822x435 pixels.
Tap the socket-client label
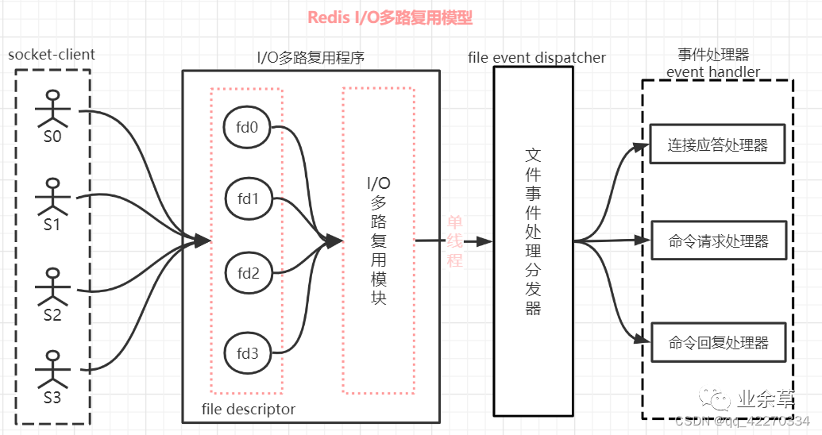tap(52, 55)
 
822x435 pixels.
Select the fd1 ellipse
tap(248, 198)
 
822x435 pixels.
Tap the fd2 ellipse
tap(248, 274)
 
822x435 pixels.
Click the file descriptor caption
tap(249, 410)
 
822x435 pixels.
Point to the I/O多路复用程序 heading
tap(311, 57)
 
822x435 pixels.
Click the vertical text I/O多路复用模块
tap(378, 241)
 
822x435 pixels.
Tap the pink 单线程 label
tap(455, 241)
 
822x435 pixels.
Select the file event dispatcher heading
tap(537, 57)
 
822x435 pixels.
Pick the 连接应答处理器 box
tap(718, 145)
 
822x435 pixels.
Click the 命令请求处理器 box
tap(718, 241)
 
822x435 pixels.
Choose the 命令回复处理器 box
tap(718, 343)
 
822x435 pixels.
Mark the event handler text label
tap(712, 72)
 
